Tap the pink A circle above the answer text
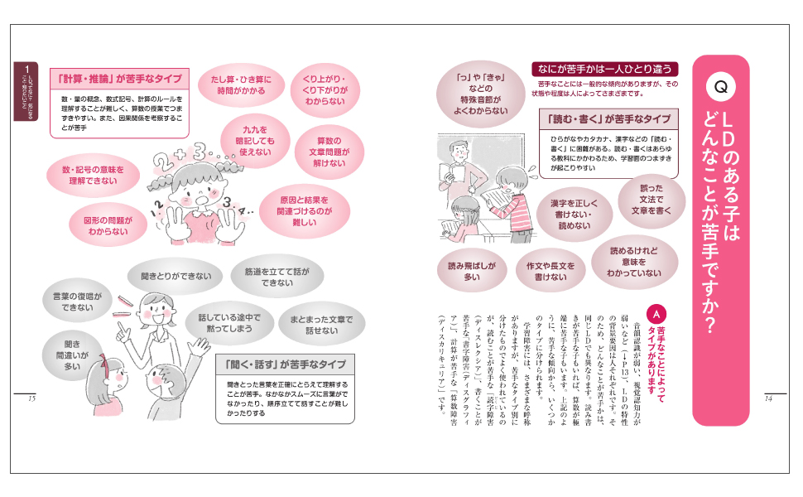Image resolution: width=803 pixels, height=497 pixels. pyautogui.click(x=656, y=316)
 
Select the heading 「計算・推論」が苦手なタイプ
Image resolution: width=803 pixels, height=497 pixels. pyautogui.click(x=121, y=79)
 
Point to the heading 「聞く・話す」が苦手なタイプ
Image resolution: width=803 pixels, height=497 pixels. pyautogui.click(x=285, y=364)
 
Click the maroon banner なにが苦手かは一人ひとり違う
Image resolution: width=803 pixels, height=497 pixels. pyautogui.click(x=605, y=70)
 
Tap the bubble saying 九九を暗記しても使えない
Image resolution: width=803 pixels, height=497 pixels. pyautogui.click(x=255, y=142)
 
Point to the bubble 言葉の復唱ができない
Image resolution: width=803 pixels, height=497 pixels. pyautogui.click(x=76, y=301)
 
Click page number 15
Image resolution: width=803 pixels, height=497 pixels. pyautogui.click(x=32, y=399)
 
